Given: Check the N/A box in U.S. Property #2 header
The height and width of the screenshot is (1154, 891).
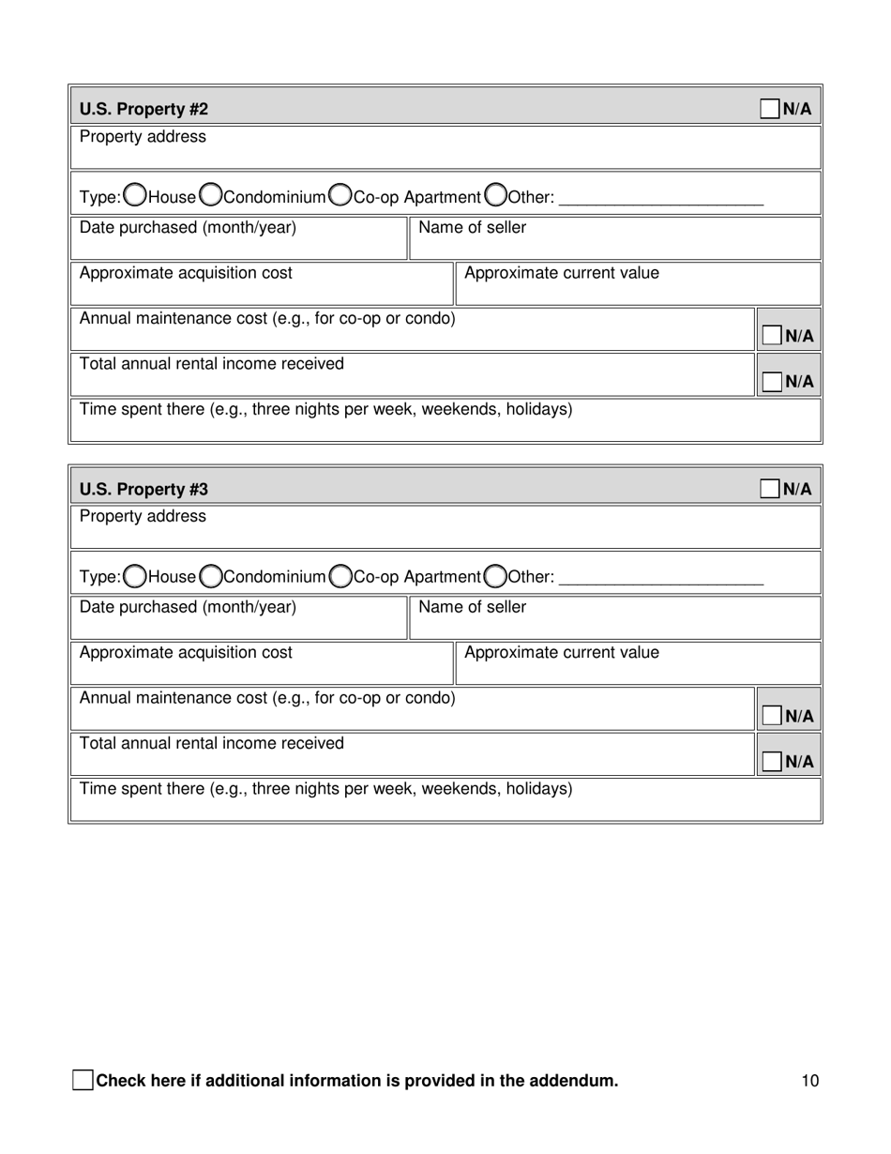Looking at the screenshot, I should pos(769,109).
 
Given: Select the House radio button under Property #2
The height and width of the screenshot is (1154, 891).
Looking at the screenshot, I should pos(135,195).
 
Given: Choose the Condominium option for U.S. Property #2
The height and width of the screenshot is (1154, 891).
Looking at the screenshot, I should pos(211,195).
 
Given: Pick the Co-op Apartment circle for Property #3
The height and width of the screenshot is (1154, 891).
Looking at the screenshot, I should pos(341,575).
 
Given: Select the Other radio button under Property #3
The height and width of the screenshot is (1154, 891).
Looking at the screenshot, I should pos(496,575).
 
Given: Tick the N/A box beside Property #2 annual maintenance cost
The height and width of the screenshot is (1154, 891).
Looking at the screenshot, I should pos(772,336).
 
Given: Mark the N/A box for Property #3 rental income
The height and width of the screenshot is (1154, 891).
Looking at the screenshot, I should pos(772,761).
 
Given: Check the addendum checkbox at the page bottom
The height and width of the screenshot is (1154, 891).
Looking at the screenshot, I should pos(83,1080).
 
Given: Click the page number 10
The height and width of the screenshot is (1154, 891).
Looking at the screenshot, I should pos(810,1081).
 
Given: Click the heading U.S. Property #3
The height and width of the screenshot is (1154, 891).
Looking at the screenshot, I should pos(143,490).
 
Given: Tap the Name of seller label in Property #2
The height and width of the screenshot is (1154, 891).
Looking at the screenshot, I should pos(472,228).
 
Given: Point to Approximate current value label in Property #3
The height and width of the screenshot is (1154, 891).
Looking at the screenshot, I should pos(561,653).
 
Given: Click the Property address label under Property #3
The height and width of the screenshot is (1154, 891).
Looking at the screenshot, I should pos(143,517).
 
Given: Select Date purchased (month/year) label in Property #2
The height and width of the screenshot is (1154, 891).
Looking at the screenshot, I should pos(188,228).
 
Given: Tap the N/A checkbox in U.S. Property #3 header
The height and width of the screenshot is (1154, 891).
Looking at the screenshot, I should pos(769,489).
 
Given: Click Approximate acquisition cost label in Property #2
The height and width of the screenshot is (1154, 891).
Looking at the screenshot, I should pos(186,273).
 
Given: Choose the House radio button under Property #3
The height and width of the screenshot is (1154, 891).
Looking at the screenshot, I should pos(135,575).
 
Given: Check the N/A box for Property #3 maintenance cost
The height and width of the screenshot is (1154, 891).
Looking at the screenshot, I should pos(772,716).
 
